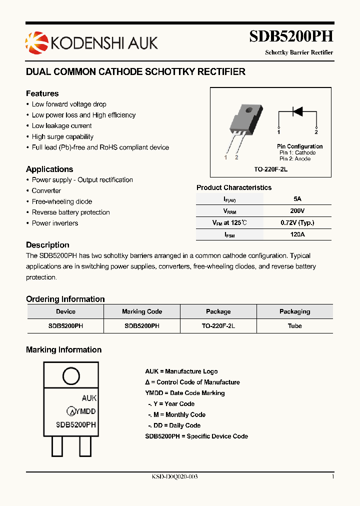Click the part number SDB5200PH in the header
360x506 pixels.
(291, 36)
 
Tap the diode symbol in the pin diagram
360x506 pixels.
(297, 111)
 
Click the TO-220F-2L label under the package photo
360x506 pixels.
(270, 169)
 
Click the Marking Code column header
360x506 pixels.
(142, 311)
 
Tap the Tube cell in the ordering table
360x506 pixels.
(294, 325)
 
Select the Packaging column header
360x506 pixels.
(294, 311)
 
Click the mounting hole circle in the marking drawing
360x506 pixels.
(70, 376)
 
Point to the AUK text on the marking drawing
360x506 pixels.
(89, 398)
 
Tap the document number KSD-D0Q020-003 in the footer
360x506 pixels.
(174, 477)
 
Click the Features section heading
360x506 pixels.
(42, 93)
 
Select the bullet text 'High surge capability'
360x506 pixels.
(62, 136)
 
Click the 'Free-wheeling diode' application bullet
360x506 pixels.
(62, 201)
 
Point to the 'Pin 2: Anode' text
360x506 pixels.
(295, 159)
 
